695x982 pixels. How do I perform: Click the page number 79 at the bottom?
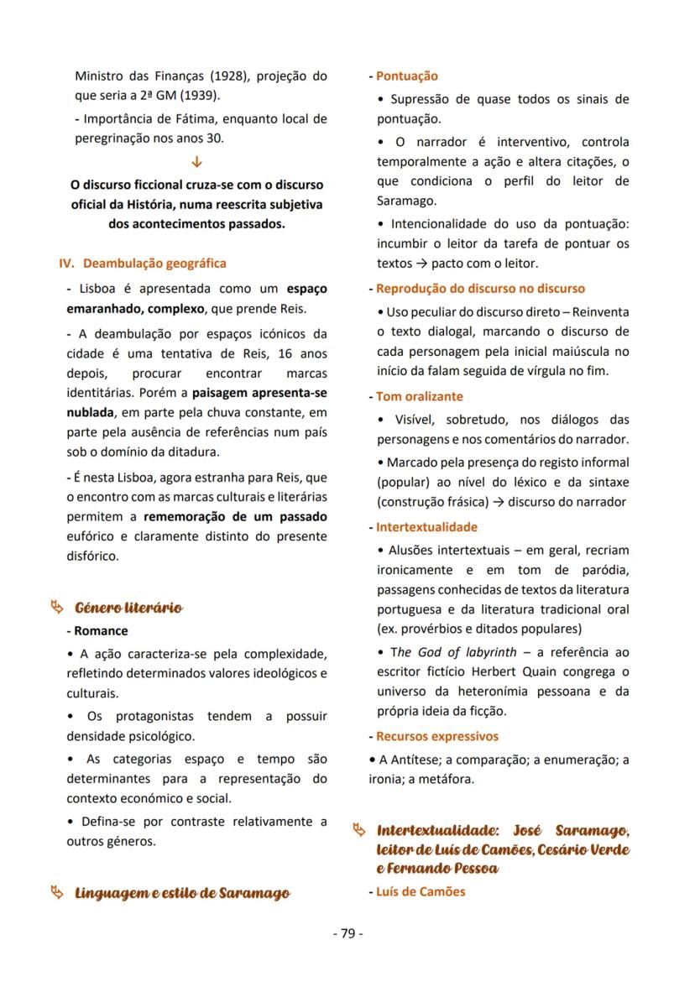[x=347, y=933]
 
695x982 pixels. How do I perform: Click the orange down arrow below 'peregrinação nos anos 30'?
[x=197, y=161]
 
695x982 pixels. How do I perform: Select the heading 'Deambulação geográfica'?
[x=154, y=264]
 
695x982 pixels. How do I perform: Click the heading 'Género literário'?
[x=128, y=608]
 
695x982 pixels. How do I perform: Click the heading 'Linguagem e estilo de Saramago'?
[x=182, y=892]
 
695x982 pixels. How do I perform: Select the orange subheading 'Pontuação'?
[x=407, y=76]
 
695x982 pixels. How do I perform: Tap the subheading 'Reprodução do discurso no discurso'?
[x=480, y=289]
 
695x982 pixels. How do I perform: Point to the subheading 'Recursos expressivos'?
[x=437, y=736]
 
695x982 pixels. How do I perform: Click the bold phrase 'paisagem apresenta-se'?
[x=259, y=393]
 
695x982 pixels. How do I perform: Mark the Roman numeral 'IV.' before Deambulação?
[x=67, y=264]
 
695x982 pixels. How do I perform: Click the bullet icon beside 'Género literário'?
[x=56, y=607]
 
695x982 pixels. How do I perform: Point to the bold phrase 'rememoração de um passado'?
[x=235, y=516]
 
